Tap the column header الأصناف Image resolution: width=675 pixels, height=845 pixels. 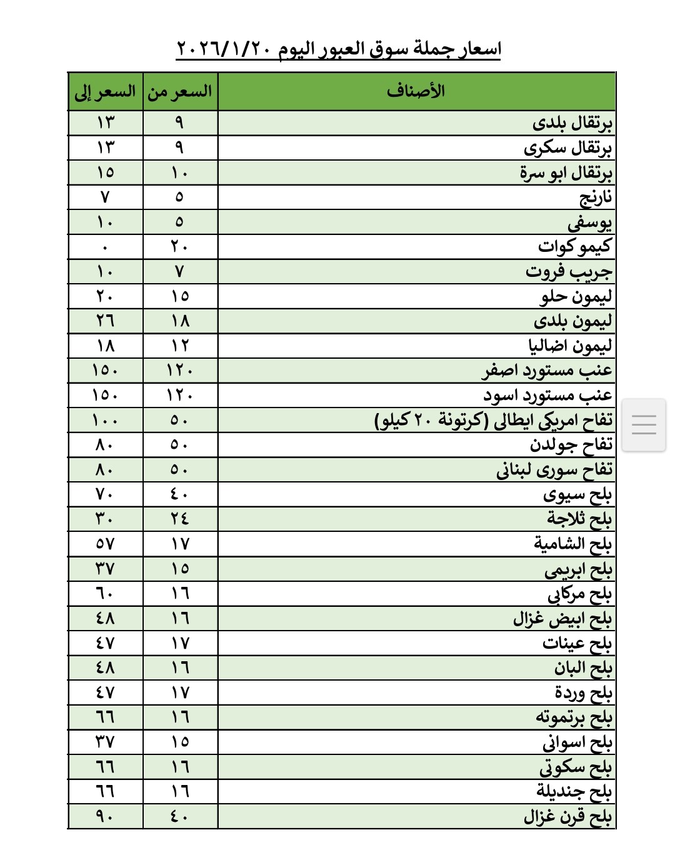tap(416, 91)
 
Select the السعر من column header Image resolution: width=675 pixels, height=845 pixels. tap(180, 92)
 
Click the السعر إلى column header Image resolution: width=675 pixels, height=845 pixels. tap(105, 92)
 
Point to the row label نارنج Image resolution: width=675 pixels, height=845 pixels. tap(595, 197)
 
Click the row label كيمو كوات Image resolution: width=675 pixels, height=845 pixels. tap(574, 246)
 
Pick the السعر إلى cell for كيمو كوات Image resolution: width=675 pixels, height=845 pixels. tap(105, 247)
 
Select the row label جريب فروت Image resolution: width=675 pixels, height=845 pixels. tap(568, 271)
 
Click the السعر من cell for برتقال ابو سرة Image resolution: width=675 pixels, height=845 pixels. tap(180, 172)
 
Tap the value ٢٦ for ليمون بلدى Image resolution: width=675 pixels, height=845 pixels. tap(105, 321)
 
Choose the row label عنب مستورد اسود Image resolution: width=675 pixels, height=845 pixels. tap(547, 395)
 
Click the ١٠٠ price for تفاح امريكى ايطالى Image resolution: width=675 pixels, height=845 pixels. tap(105, 420)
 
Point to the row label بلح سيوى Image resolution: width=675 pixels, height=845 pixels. tap(577, 494)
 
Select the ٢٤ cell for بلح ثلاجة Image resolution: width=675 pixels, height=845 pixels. tap(180, 519)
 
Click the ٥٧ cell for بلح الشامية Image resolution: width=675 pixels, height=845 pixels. tap(105, 544)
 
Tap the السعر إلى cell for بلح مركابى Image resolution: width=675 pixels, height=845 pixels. tap(105, 593)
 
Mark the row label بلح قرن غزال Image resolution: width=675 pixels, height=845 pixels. tap(567, 816)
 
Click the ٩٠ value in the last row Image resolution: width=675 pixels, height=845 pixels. tap(105, 816)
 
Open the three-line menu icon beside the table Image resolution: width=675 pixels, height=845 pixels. tap(644, 425)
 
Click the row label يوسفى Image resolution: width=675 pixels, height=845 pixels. tap(589, 222)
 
